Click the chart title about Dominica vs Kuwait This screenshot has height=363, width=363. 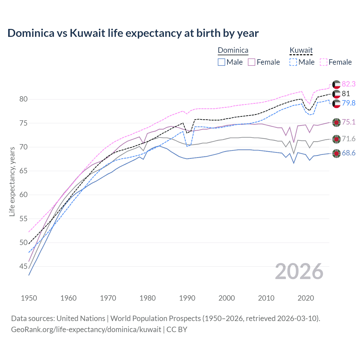pos(133,33)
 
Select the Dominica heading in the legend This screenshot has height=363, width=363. pos(233,50)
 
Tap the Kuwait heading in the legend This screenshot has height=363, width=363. pos(301,50)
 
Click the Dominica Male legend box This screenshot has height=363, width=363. pos(221,62)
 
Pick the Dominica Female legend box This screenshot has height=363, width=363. pos(252,62)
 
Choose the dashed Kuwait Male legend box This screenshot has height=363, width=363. pos(293,62)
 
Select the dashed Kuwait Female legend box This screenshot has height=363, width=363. pos(324,62)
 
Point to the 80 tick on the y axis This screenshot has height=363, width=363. pos(24,99)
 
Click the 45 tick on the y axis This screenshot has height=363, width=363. pos(24,266)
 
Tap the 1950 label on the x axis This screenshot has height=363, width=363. pos(29,298)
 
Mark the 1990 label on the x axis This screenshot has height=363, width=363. pos(187,298)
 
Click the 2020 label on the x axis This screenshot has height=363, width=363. pos(306,298)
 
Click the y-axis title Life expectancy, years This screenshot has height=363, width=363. pos(12,181)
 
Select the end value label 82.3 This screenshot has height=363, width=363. pos(349,84)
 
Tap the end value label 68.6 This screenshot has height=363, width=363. pos(349,153)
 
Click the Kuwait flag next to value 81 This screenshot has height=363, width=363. pos(336,94)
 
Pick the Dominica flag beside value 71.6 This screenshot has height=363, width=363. pos(336,139)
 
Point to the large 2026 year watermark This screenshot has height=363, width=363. pos(299,272)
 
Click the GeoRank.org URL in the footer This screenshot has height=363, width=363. pos(86,330)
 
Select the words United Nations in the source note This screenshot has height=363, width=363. pos(81,318)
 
